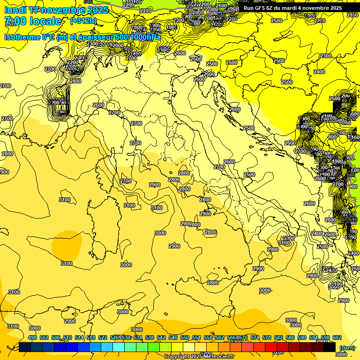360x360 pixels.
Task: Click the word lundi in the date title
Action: pyautogui.click(x=15, y=10)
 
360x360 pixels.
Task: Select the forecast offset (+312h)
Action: pyautogui.click(x=83, y=21)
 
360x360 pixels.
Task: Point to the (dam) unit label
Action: pyautogui.click(x=347, y=347)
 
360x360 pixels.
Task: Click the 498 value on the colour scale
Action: pyautogui.click(x=32, y=338)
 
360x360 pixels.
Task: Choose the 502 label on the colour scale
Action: pyautogui.click(x=44, y=338)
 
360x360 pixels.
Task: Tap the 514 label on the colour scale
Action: pyautogui.click(x=79, y=338)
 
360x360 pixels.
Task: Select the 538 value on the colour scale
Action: pyautogui.click(x=150, y=338)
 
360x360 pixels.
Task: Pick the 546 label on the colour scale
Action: pyautogui.click(x=173, y=338)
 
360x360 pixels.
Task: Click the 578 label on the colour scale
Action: pyautogui.click(x=267, y=338)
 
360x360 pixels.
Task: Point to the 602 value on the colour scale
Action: pyautogui.click(x=337, y=338)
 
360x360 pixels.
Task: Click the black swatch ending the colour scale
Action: pyautogui.click(x=330, y=347)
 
